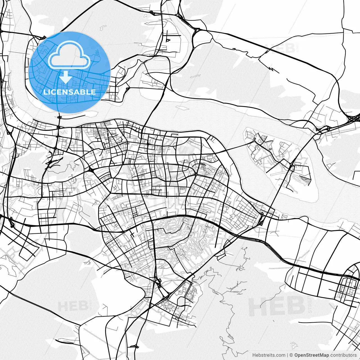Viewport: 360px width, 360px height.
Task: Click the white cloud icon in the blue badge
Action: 69,55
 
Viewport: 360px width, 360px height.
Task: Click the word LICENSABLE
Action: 69,92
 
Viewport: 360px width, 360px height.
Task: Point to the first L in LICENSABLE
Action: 45,92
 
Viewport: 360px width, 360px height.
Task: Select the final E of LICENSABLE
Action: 93,92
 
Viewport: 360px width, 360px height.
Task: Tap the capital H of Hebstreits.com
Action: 254,355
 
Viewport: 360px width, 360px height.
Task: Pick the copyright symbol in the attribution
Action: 291,355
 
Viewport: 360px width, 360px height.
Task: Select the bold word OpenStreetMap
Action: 311,355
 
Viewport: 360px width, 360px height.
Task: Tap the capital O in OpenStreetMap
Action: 296,355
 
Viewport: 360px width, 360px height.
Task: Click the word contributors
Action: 343,355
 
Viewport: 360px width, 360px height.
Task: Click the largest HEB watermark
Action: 277,307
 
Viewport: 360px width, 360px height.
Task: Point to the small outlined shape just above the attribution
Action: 294,345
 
